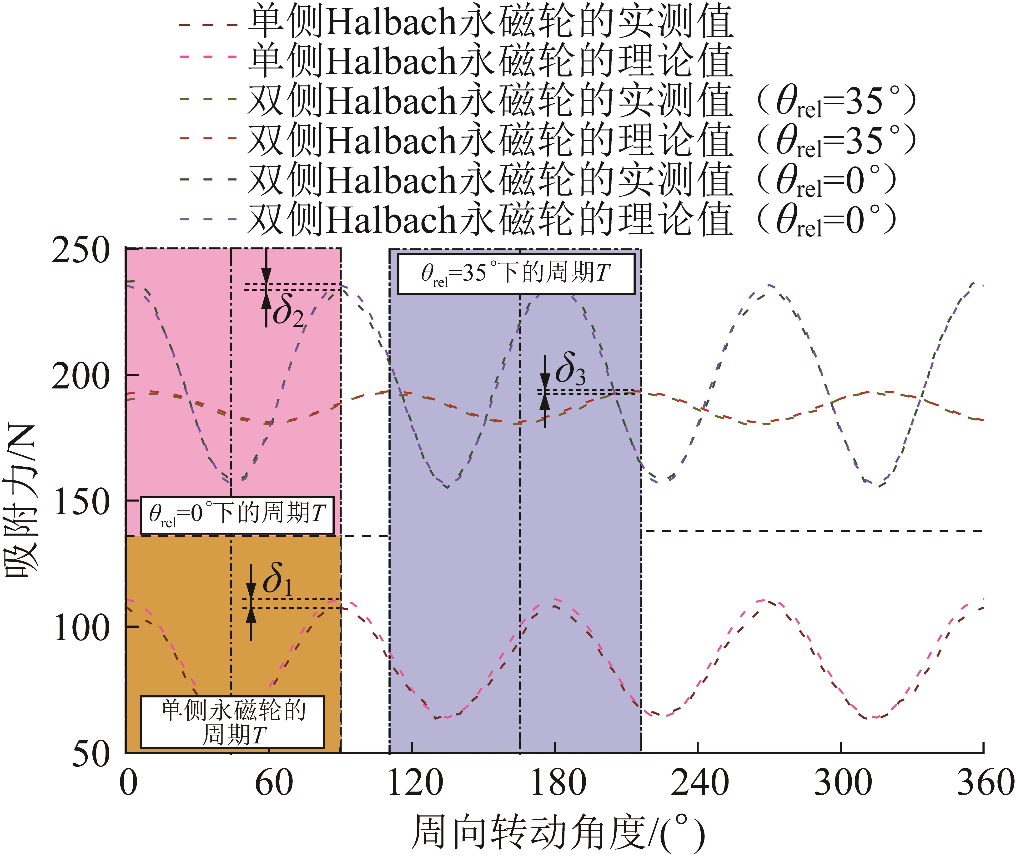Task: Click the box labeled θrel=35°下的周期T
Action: (x=516, y=274)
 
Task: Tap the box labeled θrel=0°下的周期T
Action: (x=237, y=515)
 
